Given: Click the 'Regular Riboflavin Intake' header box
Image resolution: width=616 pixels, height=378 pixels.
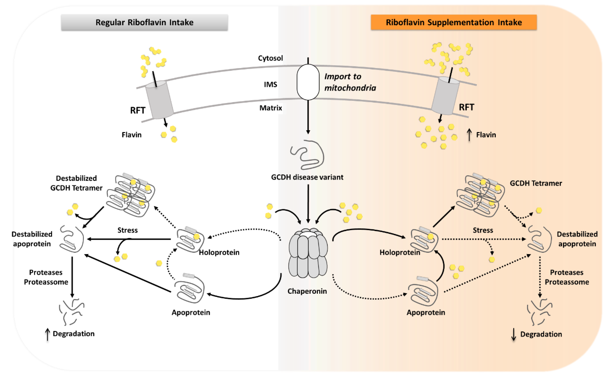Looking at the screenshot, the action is coord(144,22).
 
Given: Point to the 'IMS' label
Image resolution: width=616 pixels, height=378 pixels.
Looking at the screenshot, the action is coord(270,84).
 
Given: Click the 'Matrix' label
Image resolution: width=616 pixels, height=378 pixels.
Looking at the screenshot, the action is coord(271,108).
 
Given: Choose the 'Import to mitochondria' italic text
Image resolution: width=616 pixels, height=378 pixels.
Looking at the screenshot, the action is coord(350,82).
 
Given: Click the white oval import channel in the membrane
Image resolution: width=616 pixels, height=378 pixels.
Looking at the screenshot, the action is coord(308,82).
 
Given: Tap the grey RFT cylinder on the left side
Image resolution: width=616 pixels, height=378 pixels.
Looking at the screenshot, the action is coord(159,100).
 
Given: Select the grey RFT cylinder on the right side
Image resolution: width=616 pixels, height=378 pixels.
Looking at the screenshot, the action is coord(445,96).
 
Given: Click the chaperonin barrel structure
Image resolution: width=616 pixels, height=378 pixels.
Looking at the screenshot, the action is coord(308,253).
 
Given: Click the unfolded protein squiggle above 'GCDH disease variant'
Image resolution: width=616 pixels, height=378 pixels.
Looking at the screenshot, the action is coord(307,155).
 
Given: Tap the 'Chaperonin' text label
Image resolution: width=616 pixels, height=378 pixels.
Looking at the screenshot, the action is coord(307,291).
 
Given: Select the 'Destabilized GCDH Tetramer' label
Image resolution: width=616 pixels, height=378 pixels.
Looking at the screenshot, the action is coord(76,183).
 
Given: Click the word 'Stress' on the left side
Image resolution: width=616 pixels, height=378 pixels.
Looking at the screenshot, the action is coord(128,230).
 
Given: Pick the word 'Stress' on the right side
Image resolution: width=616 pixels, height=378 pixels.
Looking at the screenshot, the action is coord(483,230).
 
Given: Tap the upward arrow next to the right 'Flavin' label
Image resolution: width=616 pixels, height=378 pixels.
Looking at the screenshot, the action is coord(469,135).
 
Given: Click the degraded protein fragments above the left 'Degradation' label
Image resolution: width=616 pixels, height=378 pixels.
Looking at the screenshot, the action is coord(72,311).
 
